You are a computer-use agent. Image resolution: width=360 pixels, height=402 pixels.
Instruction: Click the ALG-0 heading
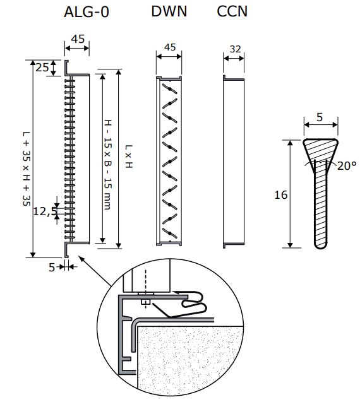click(87, 12)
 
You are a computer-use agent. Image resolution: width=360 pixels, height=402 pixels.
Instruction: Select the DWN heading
click(169, 11)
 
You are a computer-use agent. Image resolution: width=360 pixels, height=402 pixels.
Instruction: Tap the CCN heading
click(232, 11)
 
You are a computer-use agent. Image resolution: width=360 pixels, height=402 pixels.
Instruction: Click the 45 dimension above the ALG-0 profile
click(78, 39)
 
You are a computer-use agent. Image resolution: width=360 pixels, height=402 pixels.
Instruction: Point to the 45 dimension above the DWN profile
click(170, 47)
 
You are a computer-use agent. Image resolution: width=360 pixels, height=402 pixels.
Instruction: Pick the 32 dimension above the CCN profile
click(236, 49)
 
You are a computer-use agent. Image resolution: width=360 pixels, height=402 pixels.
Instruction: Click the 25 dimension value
click(42, 68)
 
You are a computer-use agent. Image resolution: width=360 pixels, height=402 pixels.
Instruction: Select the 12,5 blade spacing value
click(45, 211)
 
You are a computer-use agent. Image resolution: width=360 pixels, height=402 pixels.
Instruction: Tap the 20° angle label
click(347, 166)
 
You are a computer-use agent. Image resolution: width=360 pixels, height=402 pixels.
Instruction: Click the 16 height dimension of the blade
click(281, 195)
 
